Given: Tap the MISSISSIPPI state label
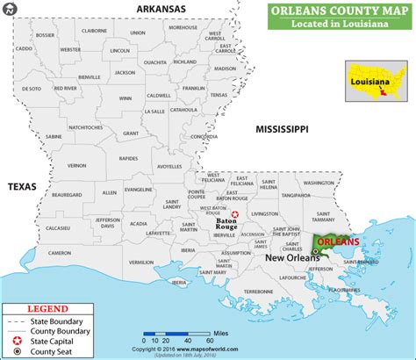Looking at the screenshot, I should (282, 129).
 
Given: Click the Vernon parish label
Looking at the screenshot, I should (77, 164).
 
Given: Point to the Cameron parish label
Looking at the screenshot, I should (60, 252).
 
